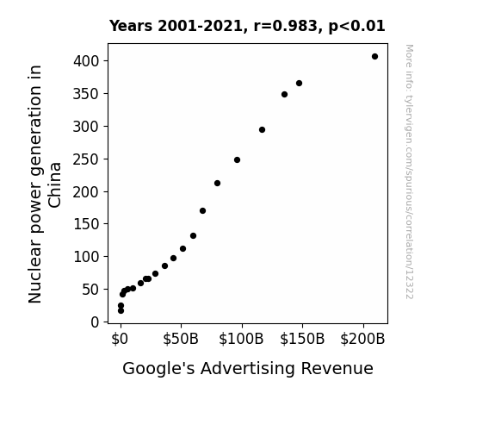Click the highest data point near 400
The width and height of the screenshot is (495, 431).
pyautogui.click(x=374, y=57)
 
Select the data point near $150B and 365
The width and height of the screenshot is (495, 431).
pyautogui.click(x=299, y=83)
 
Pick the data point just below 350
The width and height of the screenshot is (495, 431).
pyautogui.click(x=284, y=94)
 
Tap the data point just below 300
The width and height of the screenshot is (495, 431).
pyautogui.click(x=262, y=129)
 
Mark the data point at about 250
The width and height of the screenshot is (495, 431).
pyautogui.click(x=237, y=160)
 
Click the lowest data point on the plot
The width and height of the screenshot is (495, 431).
pyautogui.click(x=121, y=311)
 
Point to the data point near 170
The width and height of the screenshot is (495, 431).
pyautogui.click(x=202, y=210)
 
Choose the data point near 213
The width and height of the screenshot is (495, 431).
pyautogui.click(x=217, y=183)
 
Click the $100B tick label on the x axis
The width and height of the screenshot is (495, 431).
pyautogui.click(x=241, y=339)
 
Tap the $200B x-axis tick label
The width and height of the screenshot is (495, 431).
pyautogui.click(x=362, y=339)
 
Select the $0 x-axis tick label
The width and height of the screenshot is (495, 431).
pyautogui.click(x=120, y=339)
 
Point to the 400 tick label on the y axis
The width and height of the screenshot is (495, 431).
pyautogui.click(x=86, y=60)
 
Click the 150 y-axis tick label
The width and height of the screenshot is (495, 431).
pyautogui.click(x=86, y=224)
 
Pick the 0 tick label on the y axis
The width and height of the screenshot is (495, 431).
pyautogui.click(x=95, y=322)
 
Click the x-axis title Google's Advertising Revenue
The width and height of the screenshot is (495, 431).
pyautogui.click(x=248, y=369)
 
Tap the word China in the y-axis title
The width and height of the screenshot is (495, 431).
pyautogui.click(x=55, y=185)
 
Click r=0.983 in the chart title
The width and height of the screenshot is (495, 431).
pyautogui.click(x=286, y=26)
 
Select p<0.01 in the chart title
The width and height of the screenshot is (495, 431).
pyautogui.click(x=356, y=27)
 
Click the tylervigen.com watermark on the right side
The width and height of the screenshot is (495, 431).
pyautogui.click(x=409, y=172)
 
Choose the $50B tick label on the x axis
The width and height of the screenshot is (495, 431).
pyautogui.click(x=181, y=339)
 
